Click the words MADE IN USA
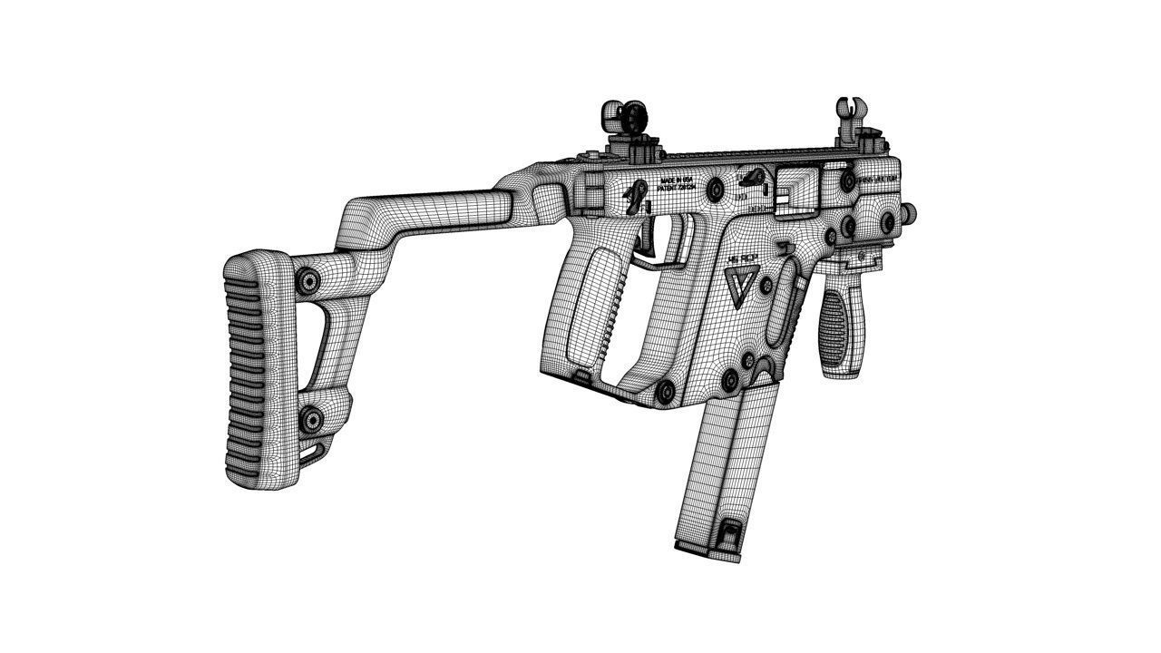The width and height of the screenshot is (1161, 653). (677, 181)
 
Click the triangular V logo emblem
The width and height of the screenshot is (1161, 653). (740, 280)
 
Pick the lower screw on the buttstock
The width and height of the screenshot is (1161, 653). (310, 419)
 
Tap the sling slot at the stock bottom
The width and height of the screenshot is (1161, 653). (315, 451)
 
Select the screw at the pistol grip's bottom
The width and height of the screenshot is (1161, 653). (665, 392)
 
